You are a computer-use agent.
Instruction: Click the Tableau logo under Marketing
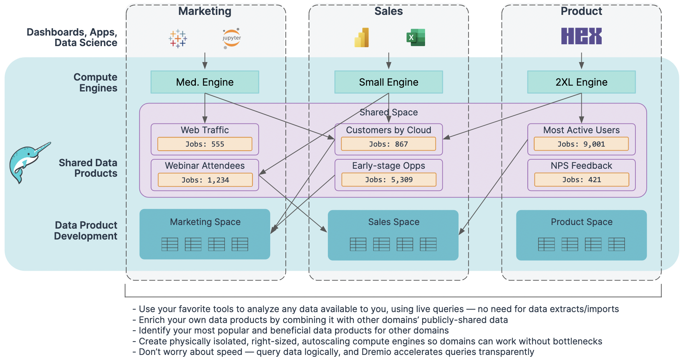[178, 38]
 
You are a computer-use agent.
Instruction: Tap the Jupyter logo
[231, 38]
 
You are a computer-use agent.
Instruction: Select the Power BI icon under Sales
[362, 38]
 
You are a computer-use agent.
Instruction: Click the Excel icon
[416, 37]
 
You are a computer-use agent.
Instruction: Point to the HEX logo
[581, 36]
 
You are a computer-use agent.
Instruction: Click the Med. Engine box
[205, 82]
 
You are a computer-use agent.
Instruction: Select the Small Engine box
[388, 82]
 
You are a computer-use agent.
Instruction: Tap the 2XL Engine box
[581, 82]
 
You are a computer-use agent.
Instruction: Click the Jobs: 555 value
[205, 144]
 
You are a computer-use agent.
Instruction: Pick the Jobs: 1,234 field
[205, 180]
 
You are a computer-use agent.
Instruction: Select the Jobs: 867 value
[388, 144]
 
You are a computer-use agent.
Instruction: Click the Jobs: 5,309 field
[388, 180]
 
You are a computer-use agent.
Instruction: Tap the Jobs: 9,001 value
[581, 144]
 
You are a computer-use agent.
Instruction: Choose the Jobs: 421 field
[581, 180]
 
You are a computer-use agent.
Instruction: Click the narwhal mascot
[27, 161]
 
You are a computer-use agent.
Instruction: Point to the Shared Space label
[388, 112]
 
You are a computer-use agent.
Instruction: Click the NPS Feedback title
[581, 166]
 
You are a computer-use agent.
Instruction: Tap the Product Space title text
[581, 222]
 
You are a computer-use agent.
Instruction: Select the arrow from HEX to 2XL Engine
[581, 60]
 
